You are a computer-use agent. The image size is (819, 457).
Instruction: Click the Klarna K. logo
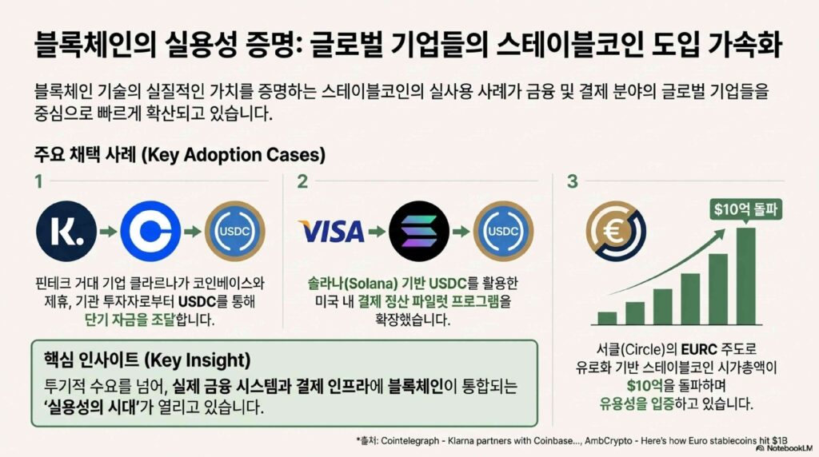click(66, 231)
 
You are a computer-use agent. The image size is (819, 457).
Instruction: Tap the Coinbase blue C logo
click(150, 231)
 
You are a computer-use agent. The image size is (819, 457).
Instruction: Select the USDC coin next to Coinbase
click(234, 231)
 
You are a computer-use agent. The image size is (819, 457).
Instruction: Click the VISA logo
click(332, 232)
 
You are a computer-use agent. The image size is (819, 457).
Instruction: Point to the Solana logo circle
click(419, 231)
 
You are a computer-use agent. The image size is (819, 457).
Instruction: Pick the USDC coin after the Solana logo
click(504, 231)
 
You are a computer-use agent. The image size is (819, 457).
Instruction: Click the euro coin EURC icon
click(616, 231)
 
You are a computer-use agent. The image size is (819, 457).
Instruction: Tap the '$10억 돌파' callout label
click(746, 209)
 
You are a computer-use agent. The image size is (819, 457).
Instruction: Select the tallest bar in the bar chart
click(746, 276)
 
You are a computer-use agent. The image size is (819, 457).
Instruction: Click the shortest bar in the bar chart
click(608, 318)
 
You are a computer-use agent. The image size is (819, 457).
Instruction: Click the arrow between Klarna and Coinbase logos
click(109, 231)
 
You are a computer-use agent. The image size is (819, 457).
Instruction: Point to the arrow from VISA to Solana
click(378, 231)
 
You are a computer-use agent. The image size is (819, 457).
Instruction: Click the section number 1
click(38, 181)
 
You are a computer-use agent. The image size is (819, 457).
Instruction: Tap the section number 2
click(302, 181)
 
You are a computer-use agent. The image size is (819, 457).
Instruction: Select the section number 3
click(573, 181)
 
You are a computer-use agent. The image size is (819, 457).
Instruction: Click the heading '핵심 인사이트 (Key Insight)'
click(147, 360)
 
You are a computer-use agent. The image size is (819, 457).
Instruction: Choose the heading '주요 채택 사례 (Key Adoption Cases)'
click(180, 154)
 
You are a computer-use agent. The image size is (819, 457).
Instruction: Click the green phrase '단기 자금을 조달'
click(130, 320)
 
